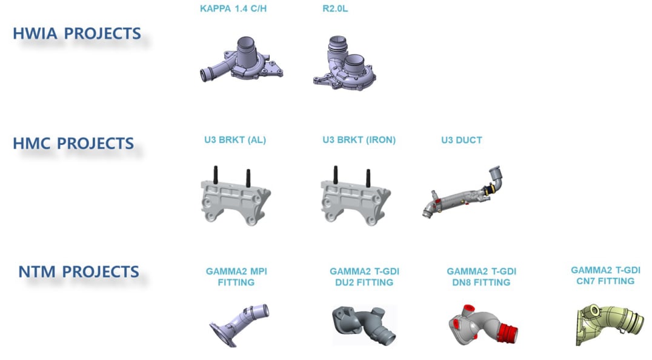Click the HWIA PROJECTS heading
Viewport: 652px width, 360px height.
click(77, 34)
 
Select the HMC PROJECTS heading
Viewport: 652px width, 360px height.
click(73, 144)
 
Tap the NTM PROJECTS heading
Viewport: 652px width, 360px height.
click(79, 272)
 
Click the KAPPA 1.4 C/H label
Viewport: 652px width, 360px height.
click(233, 8)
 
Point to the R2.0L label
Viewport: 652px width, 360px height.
click(335, 8)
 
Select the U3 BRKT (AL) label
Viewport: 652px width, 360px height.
click(235, 140)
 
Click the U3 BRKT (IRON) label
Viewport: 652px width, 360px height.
click(359, 140)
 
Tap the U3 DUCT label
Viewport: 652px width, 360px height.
click(462, 140)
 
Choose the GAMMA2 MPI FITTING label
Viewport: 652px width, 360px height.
click(236, 277)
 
